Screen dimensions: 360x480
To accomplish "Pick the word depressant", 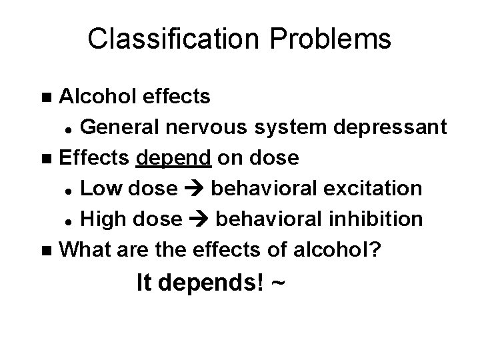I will pos(391,126).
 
